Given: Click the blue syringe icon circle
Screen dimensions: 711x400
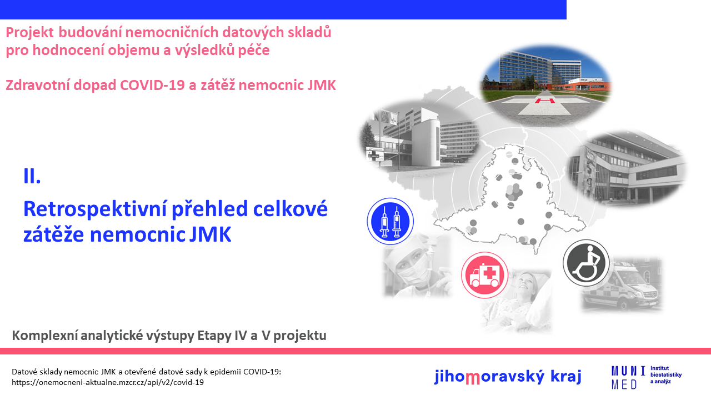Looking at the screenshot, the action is [390, 221].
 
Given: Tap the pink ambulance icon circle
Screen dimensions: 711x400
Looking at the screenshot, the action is [484, 275].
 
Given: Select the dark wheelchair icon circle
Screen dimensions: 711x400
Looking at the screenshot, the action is [586, 263].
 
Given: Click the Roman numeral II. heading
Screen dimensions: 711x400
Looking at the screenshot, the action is [32, 176].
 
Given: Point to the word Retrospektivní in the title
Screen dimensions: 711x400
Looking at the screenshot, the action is [94, 209].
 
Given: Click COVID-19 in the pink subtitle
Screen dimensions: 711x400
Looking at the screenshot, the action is [152, 85].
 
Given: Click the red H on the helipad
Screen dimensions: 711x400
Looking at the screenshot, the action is [545, 101].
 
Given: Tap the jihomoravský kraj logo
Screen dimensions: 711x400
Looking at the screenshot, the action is [508, 377].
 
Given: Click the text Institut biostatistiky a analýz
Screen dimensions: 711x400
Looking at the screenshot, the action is [665, 374].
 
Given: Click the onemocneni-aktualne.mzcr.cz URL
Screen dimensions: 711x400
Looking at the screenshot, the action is [108, 382].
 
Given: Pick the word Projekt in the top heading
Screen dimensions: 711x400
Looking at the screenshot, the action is [30, 33].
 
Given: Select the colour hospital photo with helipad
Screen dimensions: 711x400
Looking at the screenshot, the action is [545, 85].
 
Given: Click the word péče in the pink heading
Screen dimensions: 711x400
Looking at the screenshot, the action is [254, 50].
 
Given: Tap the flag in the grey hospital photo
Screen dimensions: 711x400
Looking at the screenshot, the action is [385, 116].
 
